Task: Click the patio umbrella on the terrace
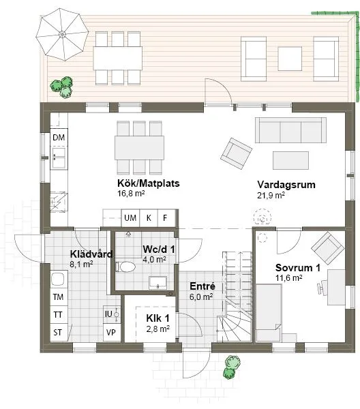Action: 62,33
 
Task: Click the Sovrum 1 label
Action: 298,268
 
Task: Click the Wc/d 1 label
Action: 159,249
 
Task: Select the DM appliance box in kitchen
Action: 59,138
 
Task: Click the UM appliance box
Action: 130,218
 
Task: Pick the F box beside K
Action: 165,218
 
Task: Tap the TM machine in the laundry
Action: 59,297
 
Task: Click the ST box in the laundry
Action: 59,333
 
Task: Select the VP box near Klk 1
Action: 110,333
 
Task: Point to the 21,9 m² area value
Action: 271,195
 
